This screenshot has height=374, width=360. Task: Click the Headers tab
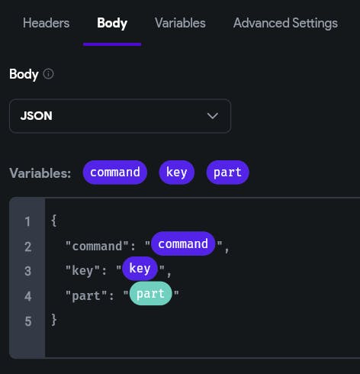click(x=46, y=23)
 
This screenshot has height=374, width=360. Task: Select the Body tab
click(x=112, y=24)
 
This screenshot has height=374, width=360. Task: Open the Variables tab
click(x=180, y=23)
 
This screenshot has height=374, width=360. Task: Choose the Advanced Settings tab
click(x=285, y=24)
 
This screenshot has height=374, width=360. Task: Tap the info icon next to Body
click(x=48, y=74)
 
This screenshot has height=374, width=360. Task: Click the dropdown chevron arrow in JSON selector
click(x=213, y=116)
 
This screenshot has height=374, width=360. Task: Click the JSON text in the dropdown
click(x=37, y=116)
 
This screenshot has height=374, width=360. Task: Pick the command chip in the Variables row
click(x=115, y=172)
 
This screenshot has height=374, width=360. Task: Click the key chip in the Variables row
click(x=177, y=172)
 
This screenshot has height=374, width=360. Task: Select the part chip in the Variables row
click(x=227, y=172)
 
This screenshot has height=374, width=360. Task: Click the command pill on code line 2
click(x=183, y=243)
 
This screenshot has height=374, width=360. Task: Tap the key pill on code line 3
click(x=140, y=269)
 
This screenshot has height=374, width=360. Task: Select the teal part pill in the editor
click(x=150, y=293)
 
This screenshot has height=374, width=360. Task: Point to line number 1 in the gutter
click(x=27, y=221)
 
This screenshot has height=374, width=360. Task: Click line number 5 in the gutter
click(x=28, y=321)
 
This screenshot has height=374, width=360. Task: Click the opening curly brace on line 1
click(x=54, y=221)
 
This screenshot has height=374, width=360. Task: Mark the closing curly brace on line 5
click(x=54, y=320)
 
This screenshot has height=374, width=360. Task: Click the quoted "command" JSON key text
click(x=97, y=246)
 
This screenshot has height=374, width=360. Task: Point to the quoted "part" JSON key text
click(x=86, y=296)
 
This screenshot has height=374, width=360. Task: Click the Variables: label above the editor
click(x=40, y=173)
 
